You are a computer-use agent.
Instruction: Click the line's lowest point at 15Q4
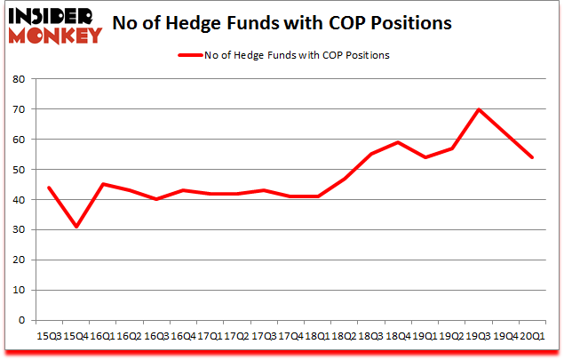[x=77, y=227]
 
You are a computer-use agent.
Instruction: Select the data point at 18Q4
[x=397, y=142]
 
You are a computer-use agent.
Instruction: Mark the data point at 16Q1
[x=104, y=184]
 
